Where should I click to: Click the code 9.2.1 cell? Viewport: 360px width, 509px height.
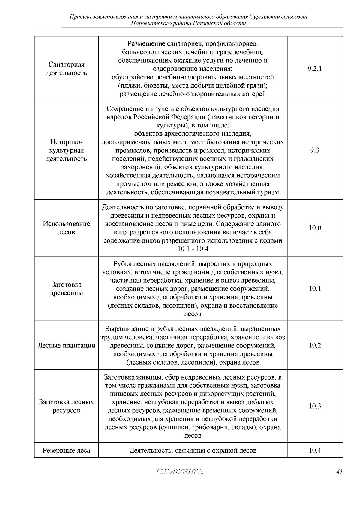pos(315,69)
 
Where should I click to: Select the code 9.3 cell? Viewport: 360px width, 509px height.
pos(315,150)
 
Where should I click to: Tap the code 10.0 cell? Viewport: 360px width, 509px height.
pos(315,228)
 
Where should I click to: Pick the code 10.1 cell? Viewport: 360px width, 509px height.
pos(315,289)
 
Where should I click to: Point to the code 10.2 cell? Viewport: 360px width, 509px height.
pos(315,345)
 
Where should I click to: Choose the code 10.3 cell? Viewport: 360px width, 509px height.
pos(315,406)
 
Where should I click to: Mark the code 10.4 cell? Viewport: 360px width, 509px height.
pos(315,450)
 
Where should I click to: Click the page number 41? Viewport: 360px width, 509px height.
pos(339,472)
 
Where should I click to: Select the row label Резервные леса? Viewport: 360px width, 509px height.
pos(67,450)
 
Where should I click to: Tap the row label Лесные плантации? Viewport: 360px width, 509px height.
pos(67,345)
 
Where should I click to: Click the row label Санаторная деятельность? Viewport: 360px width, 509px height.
pos(67,69)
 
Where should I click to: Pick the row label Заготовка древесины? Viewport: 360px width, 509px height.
pos(67,289)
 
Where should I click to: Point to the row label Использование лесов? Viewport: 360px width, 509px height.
pos(67,228)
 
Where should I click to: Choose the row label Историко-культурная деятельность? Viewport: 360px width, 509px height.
pos(67,150)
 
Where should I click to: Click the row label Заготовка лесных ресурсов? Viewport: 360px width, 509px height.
pos(67,406)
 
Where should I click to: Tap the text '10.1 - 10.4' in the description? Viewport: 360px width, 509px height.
pos(193,249)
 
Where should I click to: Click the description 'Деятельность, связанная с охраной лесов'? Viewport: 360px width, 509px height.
pos(193,450)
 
